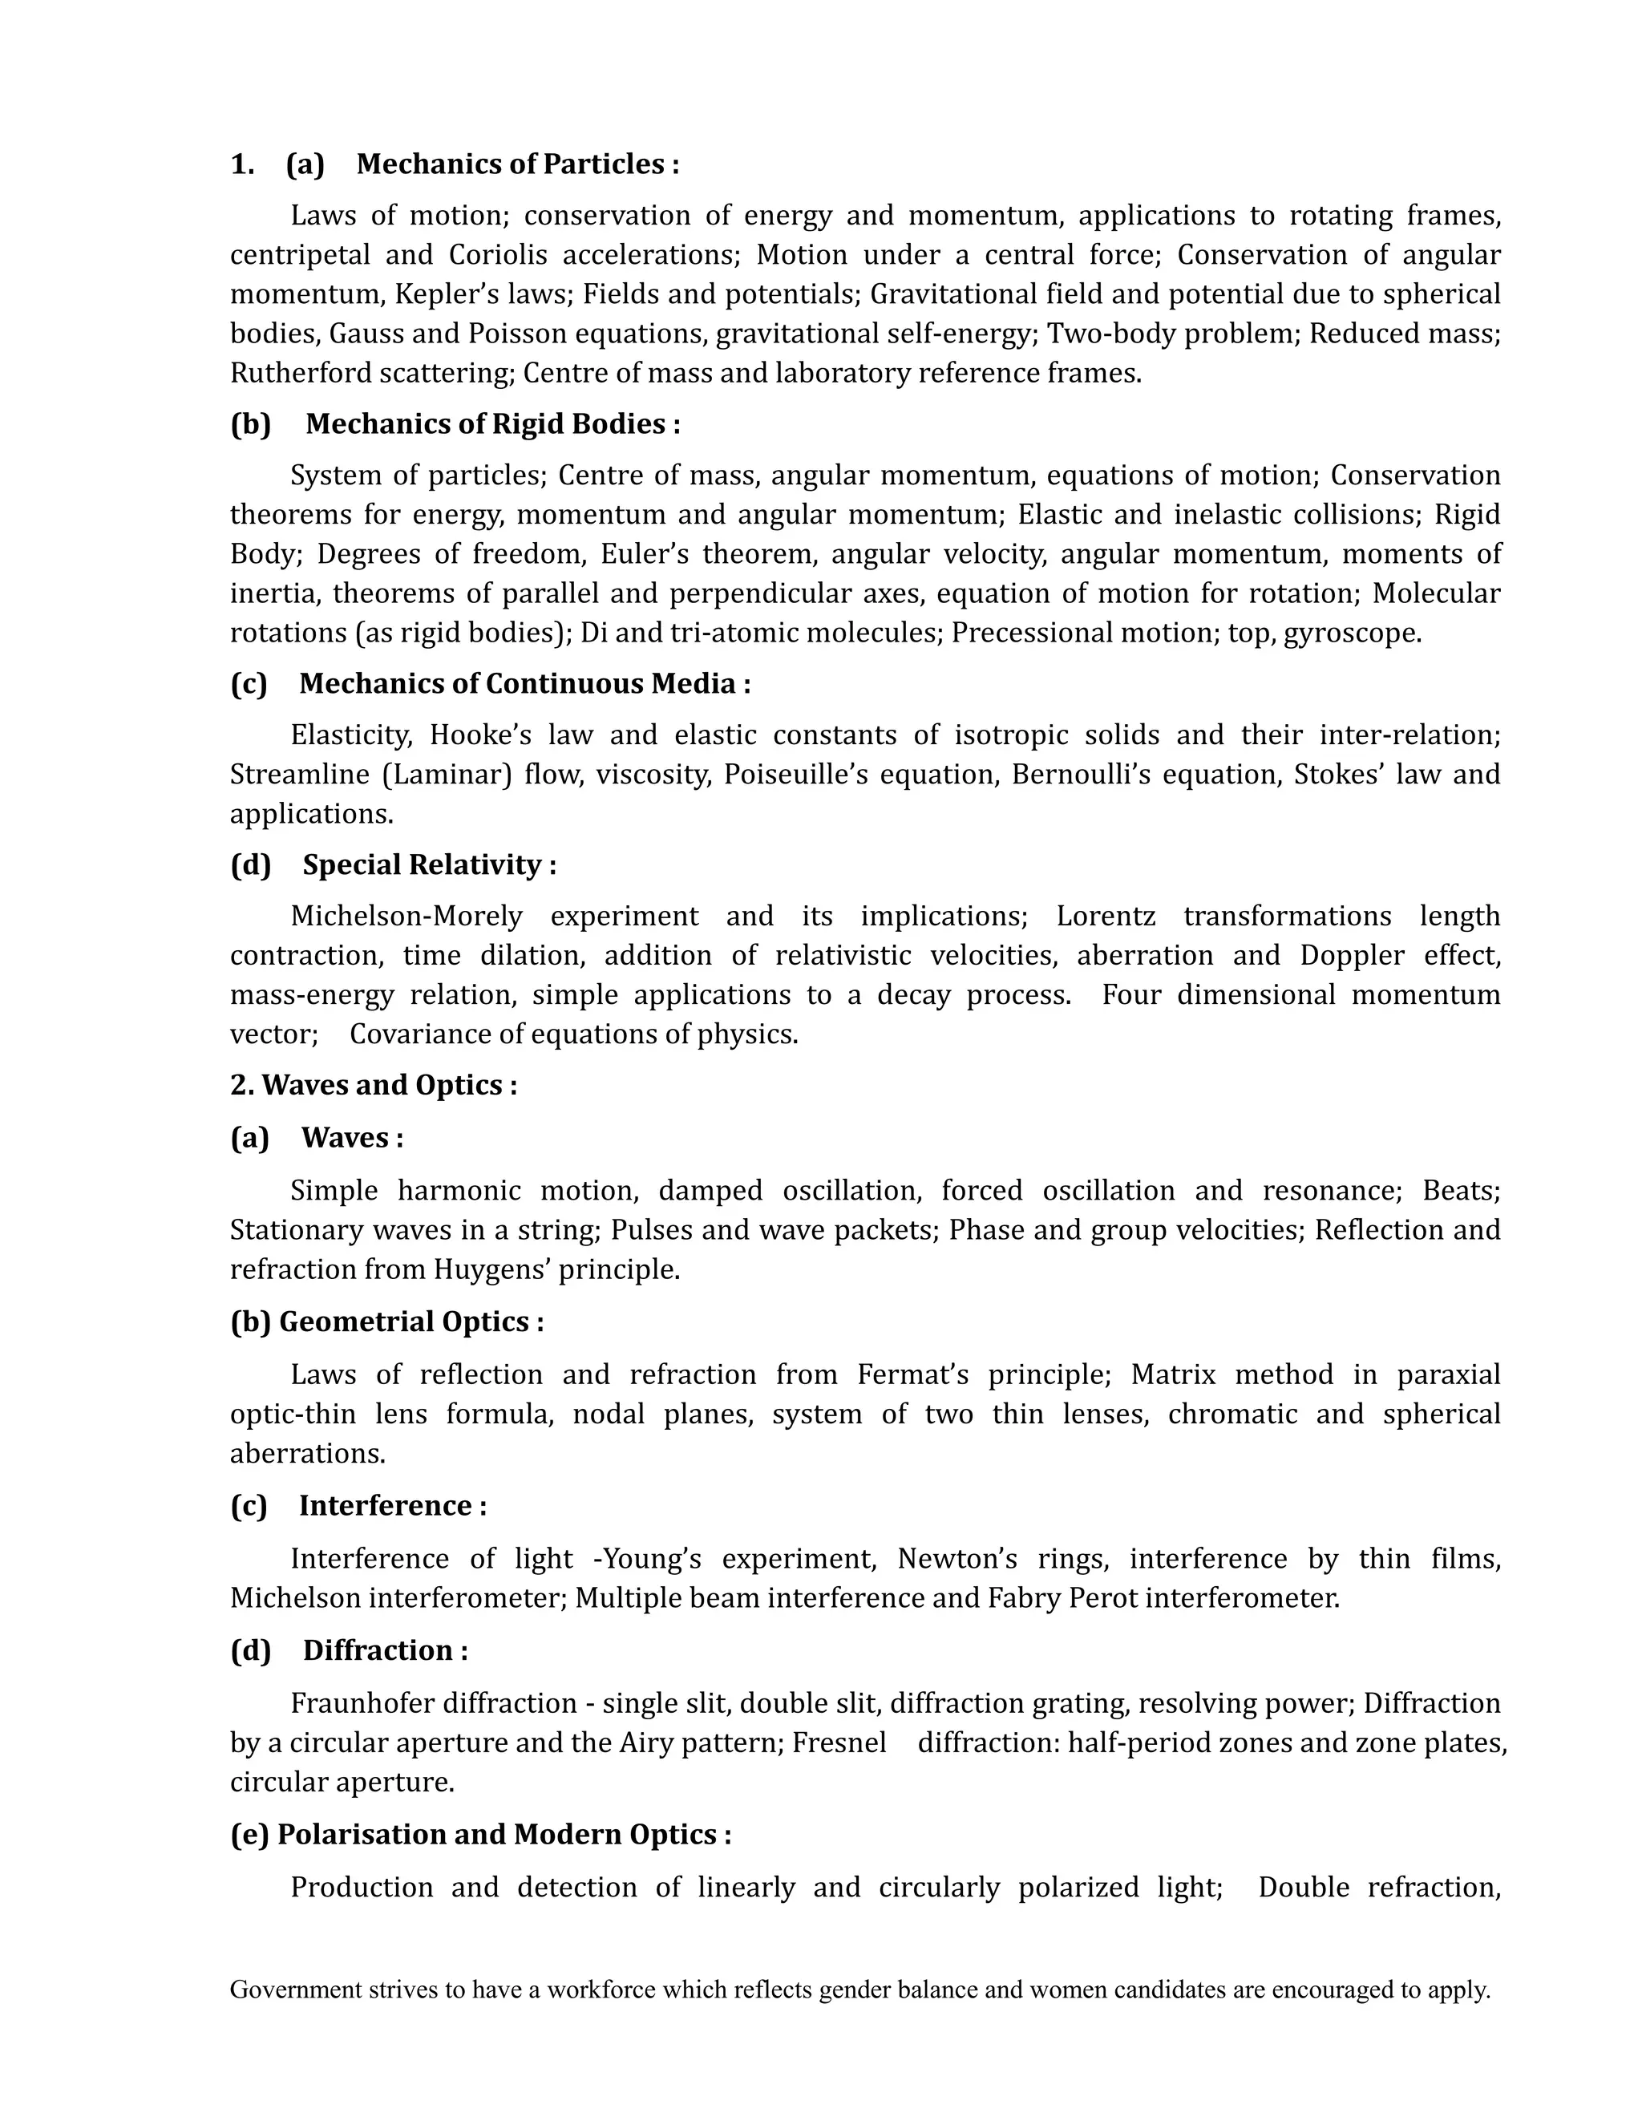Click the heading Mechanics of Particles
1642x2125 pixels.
(516, 164)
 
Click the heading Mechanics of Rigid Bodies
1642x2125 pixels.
(491, 424)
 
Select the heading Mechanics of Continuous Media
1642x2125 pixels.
(524, 684)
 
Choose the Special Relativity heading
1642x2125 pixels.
(428, 865)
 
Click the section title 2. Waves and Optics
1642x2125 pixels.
(374, 1085)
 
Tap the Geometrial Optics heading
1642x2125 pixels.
(410, 1322)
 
